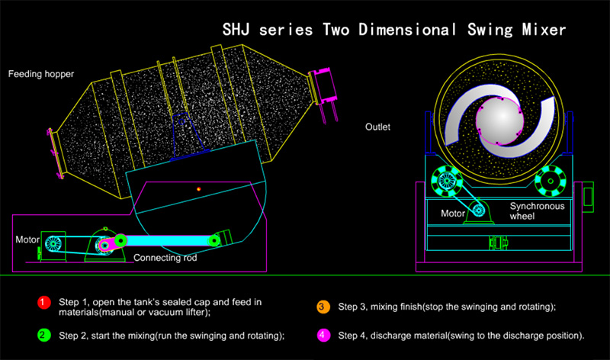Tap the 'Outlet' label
point(377,127)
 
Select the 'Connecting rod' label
point(165,257)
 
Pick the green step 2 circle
point(43,336)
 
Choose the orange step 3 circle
point(323,307)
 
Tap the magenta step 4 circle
point(323,336)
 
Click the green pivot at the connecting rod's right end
point(216,240)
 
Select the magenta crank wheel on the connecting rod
point(104,246)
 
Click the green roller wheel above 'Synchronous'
point(549,182)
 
